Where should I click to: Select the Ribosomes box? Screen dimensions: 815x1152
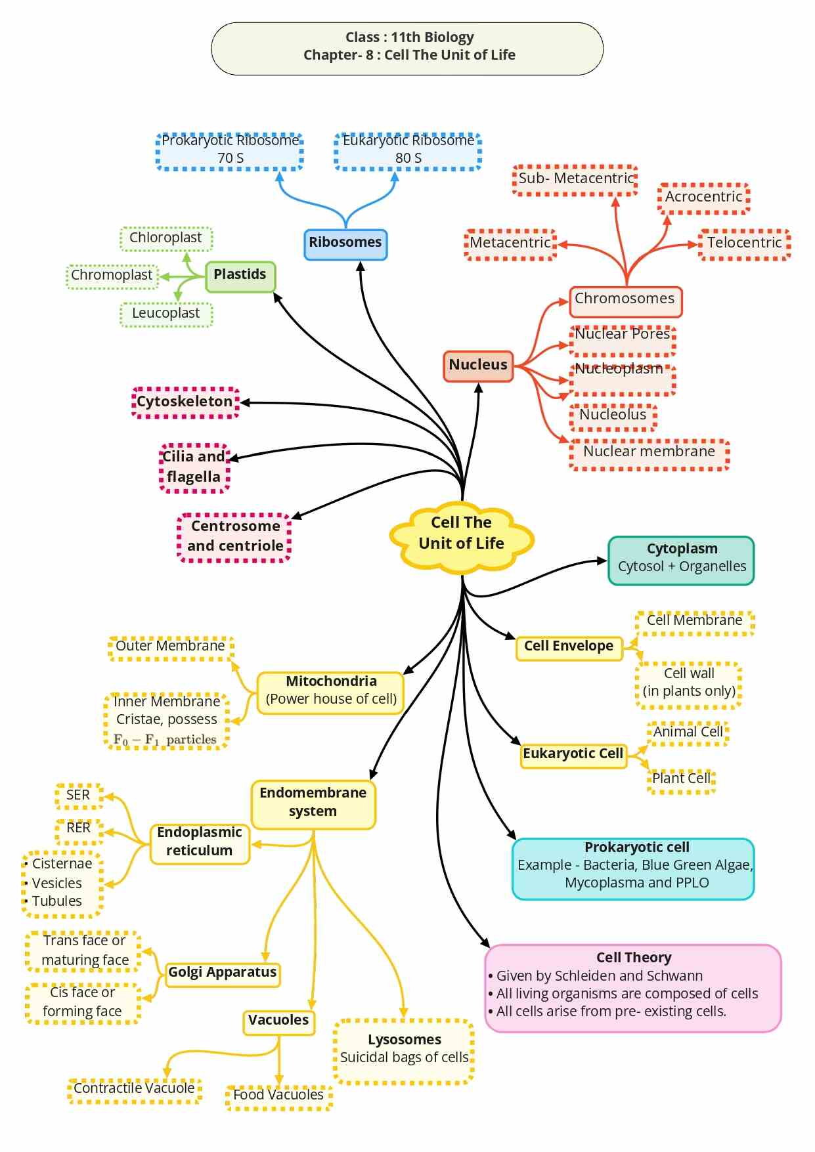click(x=345, y=244)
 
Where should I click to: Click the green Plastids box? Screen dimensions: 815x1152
click(x=240, y=276)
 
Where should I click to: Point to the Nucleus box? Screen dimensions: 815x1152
click(x=478, y=366)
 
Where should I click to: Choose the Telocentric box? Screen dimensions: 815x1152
click(x=744, y=245)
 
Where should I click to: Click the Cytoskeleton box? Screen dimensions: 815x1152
click(x=185, y=402)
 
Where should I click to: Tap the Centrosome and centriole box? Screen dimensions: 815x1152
click(x=234, y=538)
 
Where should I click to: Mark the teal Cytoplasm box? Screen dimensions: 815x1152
click(x=681, y=561)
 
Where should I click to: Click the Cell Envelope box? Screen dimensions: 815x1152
click(x=569, y=648)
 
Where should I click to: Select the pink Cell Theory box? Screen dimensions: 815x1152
click(x=633, y=988)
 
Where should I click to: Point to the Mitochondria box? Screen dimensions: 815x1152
click(x=331, y=693)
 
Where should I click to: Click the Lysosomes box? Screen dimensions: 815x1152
click(x=404, y=1051)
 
